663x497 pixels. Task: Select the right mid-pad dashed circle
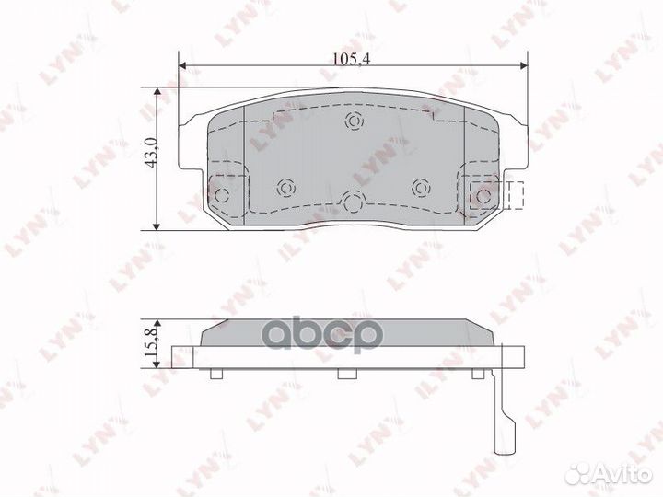click(421, 187)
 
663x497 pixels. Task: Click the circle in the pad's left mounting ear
click(224, 194)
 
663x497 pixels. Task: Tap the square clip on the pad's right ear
click(483, 195)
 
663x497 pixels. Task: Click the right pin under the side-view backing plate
click(478, 373)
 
